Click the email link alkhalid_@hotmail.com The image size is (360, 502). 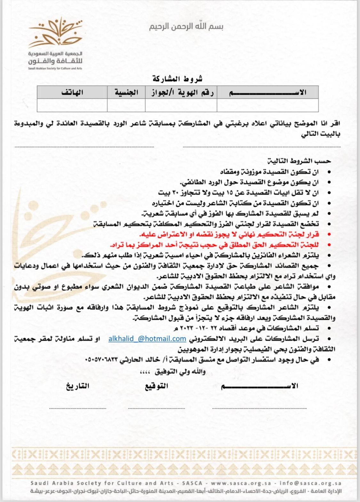coord(147,339)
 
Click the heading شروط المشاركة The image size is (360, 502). coord(178,79)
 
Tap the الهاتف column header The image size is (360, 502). coord(72,92)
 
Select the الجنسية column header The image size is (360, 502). coord(126,92)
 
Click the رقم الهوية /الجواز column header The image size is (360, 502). coord(181,92)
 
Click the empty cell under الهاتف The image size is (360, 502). coord(72,105)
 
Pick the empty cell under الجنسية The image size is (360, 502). coord(126,105)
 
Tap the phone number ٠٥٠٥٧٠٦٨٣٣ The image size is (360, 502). coord(102,360)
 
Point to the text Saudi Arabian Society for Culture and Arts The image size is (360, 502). coord(55,68)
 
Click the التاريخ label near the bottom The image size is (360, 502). coord(77,386)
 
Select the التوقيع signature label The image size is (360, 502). coord(156,386)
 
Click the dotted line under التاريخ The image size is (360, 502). coord(78,408)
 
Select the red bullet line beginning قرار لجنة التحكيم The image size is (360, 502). coord(229,234)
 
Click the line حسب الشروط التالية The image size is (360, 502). coord(299,161)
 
